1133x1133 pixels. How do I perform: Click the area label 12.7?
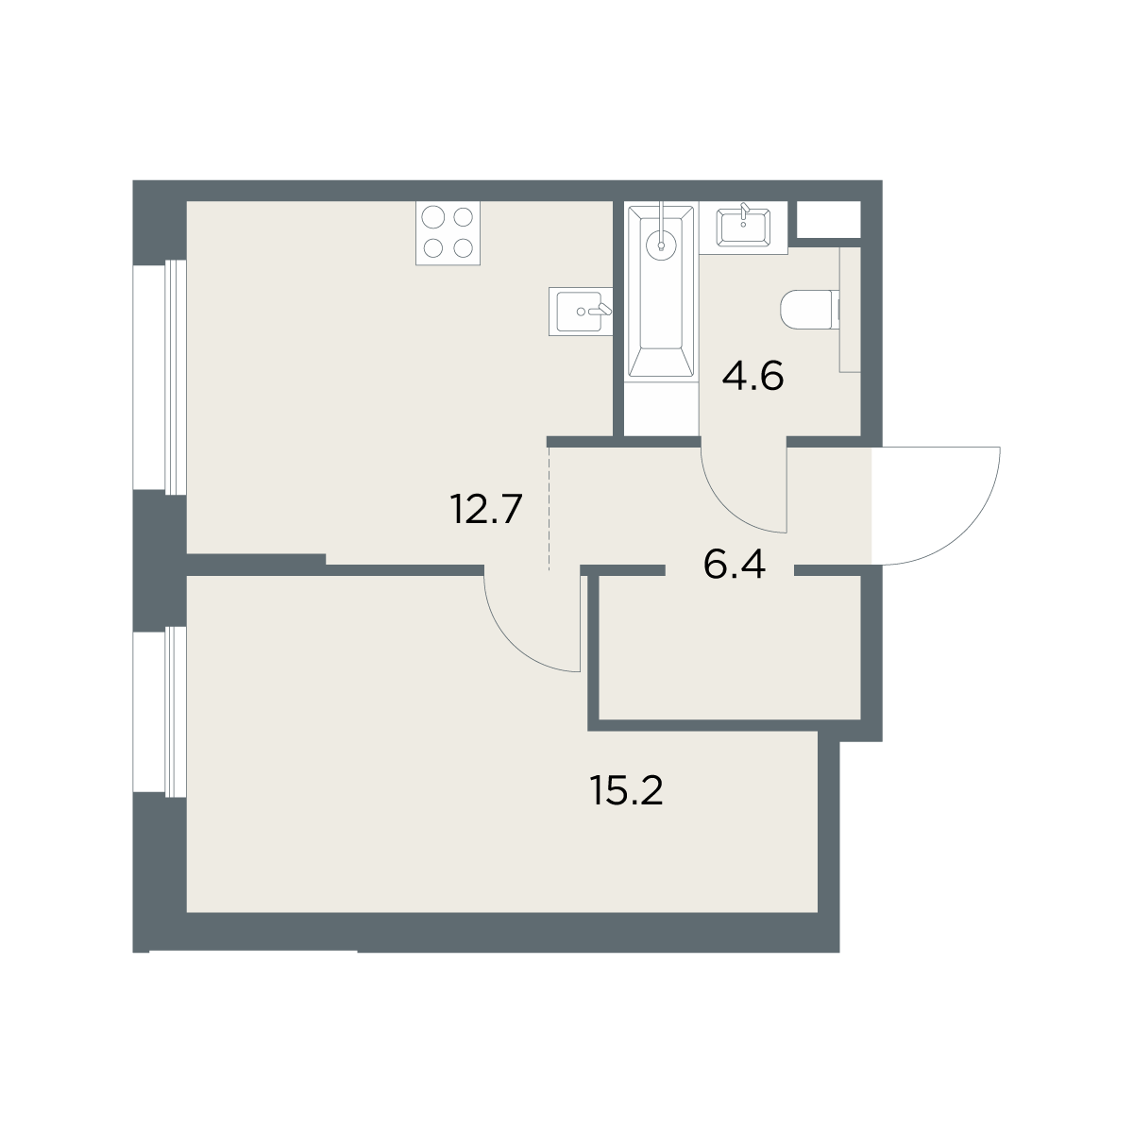pos(486,509)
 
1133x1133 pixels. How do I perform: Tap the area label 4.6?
pos(753,377)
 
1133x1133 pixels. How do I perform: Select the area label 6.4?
pos(735,565)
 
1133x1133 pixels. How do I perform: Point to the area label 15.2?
pos(626,791)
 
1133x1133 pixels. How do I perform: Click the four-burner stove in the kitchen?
pos(448,233)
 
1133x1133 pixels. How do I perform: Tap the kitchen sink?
pos(581,312)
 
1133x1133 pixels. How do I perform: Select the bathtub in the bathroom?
pos(661,291)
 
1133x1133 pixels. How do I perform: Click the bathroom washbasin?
pos(744,228)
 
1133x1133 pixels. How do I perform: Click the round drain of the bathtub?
pos(662,245)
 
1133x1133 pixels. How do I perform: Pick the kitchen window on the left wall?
pos(160,377)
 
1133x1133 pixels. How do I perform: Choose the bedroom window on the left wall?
pos(160,712)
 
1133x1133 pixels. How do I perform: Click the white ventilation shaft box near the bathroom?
pos(828,219)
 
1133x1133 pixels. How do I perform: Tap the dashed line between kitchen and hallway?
pos(549,509)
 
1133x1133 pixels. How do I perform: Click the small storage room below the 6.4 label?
pos(730,647)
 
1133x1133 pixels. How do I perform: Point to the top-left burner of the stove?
pos(433,217)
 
